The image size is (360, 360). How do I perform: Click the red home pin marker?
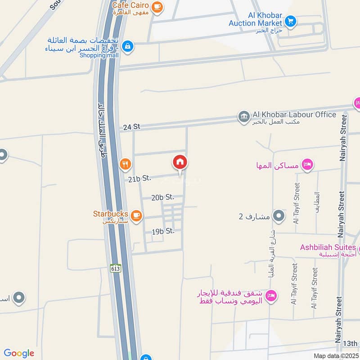[x=180, y=163]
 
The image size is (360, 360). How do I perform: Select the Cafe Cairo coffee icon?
[x=157, y=6]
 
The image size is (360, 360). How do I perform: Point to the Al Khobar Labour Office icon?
[x=244, y=117]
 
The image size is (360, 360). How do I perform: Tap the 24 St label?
[x=131, y=127]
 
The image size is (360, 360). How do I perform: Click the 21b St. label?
[x=139, y=179]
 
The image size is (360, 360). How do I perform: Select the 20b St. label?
[x=162, y=197]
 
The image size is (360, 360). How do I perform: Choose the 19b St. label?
[x=162, y=231]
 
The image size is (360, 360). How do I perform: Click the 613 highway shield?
[x=115, y=268]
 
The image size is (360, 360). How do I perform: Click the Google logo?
[x=19, y=353]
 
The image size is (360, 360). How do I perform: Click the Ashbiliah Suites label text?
[x=328, y=247]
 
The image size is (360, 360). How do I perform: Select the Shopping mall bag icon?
[x=128, y=45]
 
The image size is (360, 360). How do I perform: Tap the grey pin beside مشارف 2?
[x=279, y=216]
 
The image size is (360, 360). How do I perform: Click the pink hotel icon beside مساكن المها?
[x=307, y=165]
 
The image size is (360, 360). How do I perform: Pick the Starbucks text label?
[x=111, y=214]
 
